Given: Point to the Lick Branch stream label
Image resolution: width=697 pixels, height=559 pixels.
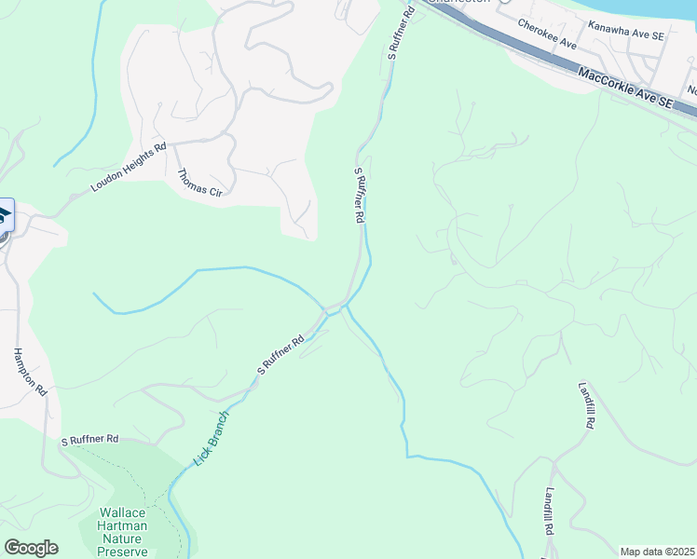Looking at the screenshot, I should [x=212, y=438].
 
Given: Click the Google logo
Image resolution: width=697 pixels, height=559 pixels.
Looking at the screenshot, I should [x=31, y=548].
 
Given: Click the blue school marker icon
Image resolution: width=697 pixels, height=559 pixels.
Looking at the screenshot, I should [x=4, y=215].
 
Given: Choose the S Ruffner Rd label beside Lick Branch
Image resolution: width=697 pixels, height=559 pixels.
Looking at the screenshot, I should [x=281, y=355].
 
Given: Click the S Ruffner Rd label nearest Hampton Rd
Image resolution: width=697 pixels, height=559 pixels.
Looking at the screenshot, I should [x=89, y=439].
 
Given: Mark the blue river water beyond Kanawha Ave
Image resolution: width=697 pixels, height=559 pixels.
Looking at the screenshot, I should [x=652, y=11].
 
